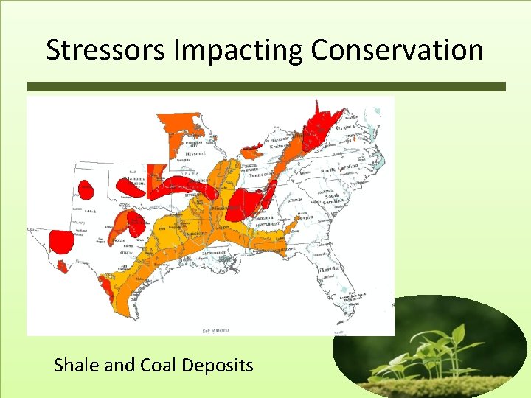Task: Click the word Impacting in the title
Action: point(226,50)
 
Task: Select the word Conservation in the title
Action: point(397,50)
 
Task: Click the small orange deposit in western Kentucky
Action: point(252,152)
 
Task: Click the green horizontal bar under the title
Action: point(265,86)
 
